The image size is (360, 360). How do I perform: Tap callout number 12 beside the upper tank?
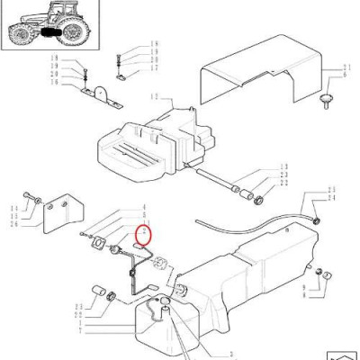155,96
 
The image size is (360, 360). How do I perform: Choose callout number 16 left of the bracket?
53,83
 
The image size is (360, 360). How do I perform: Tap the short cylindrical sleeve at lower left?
95,292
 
